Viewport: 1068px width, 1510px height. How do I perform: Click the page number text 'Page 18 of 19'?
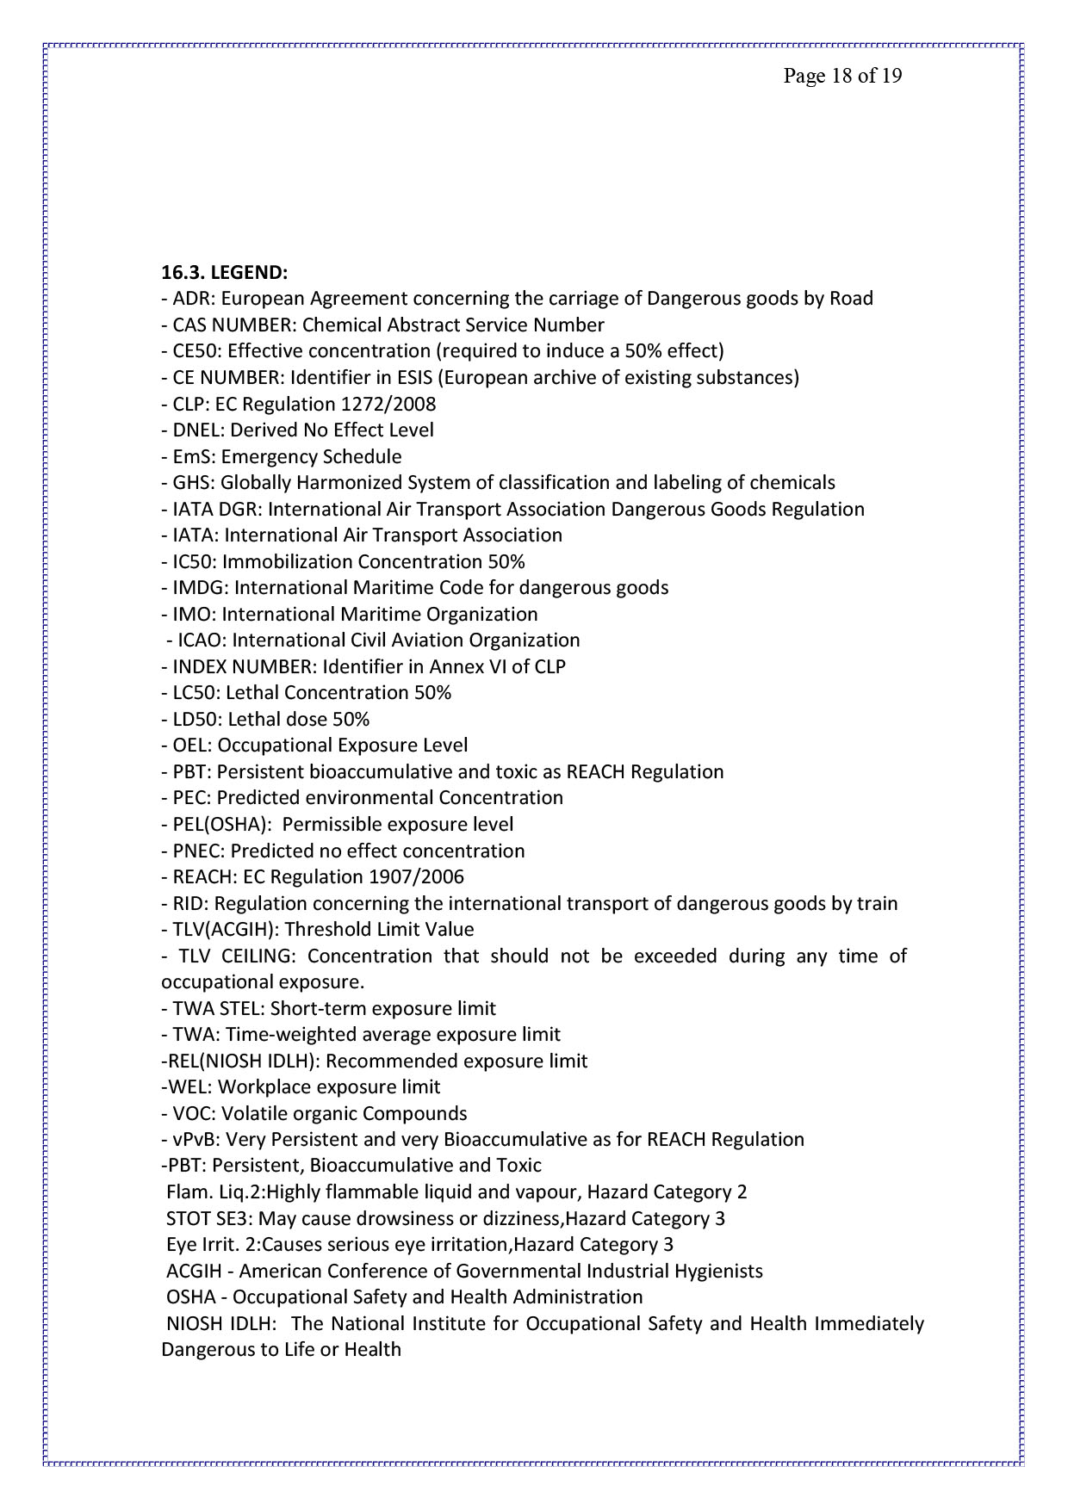841,76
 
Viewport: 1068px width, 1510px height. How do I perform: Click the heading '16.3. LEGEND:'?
224,273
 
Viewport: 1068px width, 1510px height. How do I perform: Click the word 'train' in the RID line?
877,903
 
